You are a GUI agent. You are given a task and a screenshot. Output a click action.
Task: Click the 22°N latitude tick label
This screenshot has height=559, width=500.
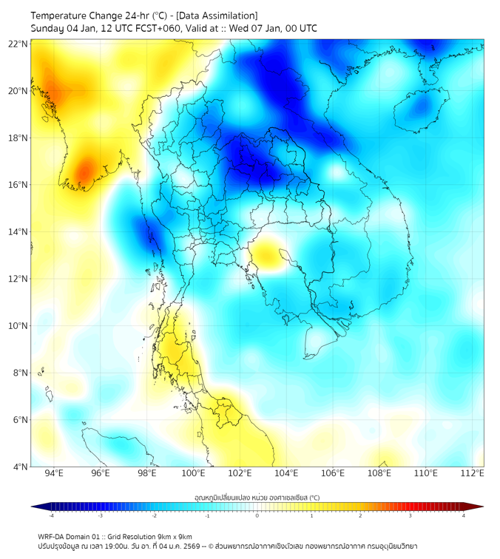18,44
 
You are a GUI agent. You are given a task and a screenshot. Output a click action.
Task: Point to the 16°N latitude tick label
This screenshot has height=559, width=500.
18,185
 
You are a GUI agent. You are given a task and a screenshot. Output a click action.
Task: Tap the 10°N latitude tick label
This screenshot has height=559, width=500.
18,326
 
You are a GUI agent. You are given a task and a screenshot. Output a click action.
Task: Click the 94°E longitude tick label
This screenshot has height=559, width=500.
54,474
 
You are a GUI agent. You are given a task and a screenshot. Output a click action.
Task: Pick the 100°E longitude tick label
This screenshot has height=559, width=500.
194,474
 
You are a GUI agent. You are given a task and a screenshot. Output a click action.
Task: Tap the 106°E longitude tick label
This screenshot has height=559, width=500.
334,474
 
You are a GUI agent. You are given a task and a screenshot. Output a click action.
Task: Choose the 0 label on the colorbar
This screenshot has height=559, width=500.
257,516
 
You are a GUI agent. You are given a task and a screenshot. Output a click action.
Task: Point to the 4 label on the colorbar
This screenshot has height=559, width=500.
464,516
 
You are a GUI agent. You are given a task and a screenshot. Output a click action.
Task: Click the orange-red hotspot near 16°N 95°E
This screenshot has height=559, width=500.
84,172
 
